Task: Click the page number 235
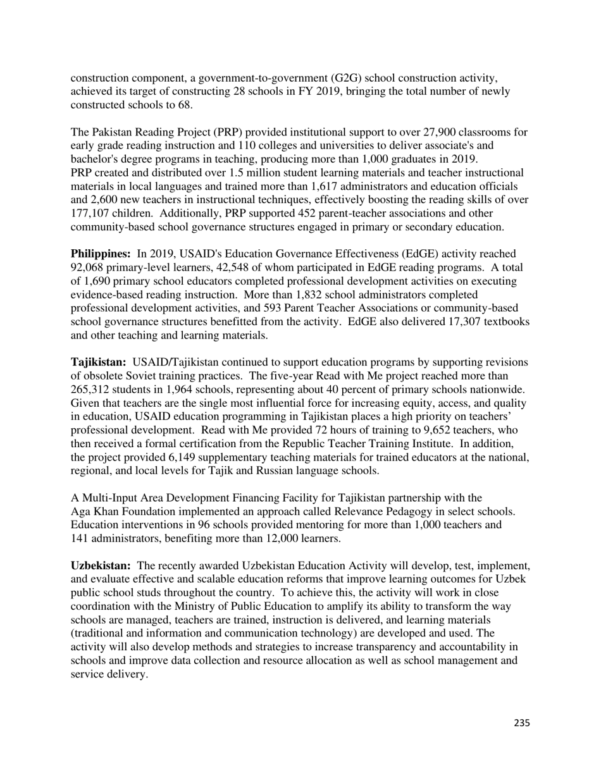coord(521,724)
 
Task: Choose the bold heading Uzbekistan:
coord(101,565)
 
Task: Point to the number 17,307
coord(448,322)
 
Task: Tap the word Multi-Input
coord(108,498)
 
